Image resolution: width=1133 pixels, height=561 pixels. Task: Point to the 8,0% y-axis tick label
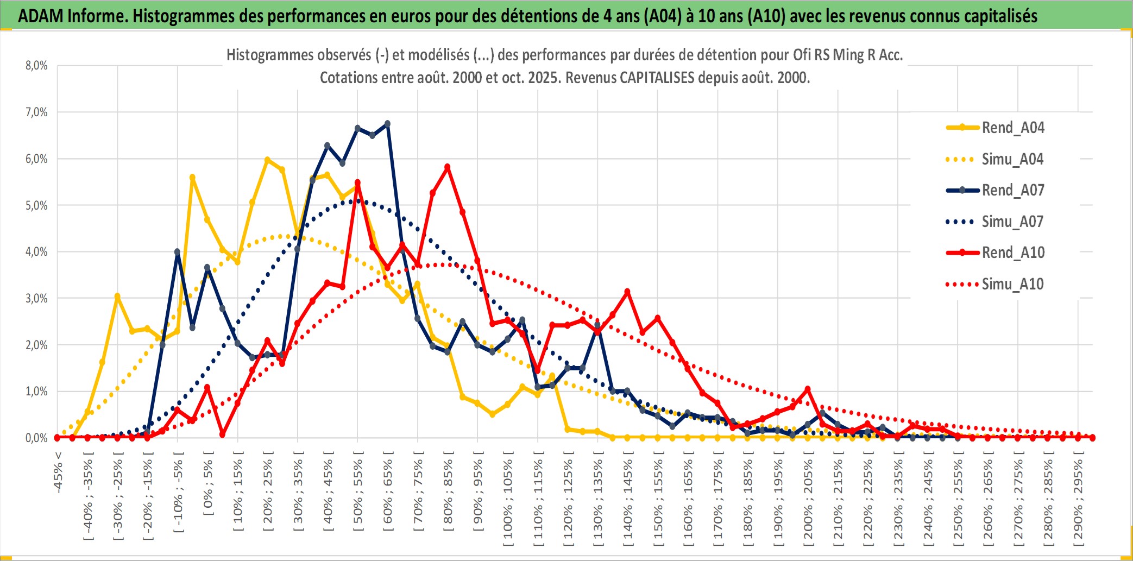(36, 66)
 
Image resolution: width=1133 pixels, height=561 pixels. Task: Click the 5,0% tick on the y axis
(36, 205)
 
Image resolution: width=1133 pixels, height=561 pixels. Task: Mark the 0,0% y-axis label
(36, 438)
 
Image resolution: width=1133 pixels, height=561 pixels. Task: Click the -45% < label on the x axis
(58, 472)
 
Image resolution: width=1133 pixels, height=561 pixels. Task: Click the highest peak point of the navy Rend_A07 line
(387, 124)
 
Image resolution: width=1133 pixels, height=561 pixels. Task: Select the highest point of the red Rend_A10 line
(448, 167)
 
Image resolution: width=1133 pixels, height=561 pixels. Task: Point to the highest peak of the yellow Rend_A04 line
(267, 160)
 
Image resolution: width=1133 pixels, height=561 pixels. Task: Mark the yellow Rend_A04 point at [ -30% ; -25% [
(117, 297)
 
